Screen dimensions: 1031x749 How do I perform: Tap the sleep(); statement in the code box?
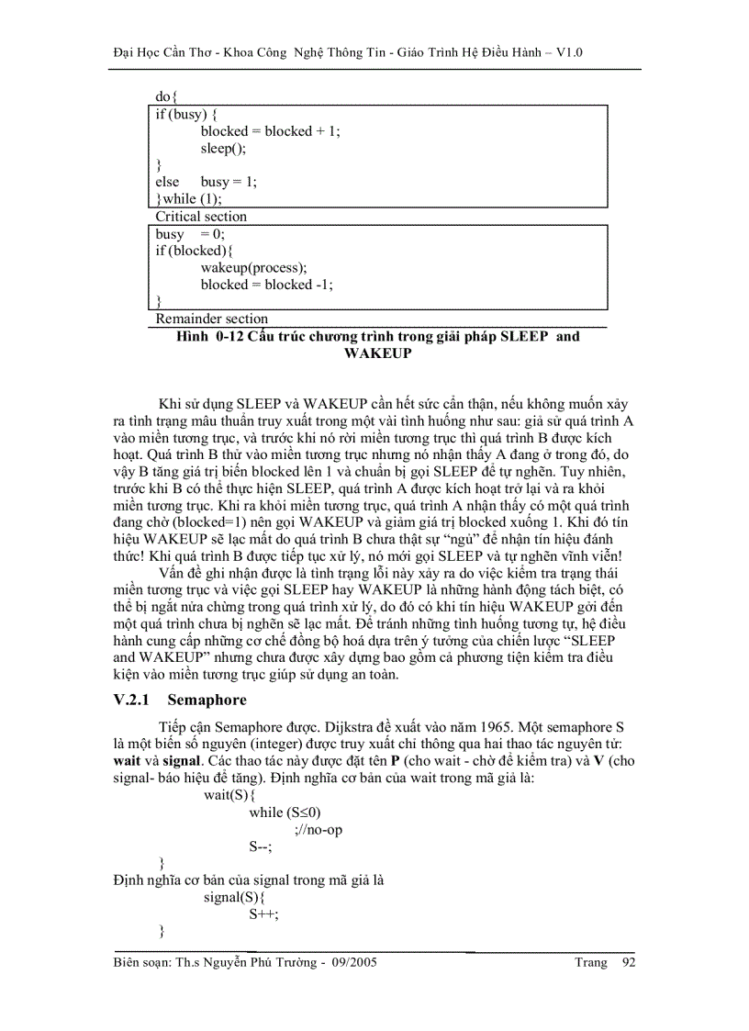pos(224,148)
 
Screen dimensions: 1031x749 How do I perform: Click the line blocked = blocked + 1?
pos(270,131)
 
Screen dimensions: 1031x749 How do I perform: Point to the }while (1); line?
pos(189,198)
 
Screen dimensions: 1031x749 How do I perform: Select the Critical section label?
pos(201,217)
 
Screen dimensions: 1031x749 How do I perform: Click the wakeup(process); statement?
pos(254,267)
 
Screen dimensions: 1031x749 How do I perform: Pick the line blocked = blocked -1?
pos(266,285)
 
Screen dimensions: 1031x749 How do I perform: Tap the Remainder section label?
pos(211,319)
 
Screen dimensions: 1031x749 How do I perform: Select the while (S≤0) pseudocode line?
pos(285,812)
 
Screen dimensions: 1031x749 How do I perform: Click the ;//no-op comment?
pos(319,830)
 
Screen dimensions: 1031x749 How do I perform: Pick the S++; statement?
pos(263,914)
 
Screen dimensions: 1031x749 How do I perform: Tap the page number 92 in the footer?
pos(629,962)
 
